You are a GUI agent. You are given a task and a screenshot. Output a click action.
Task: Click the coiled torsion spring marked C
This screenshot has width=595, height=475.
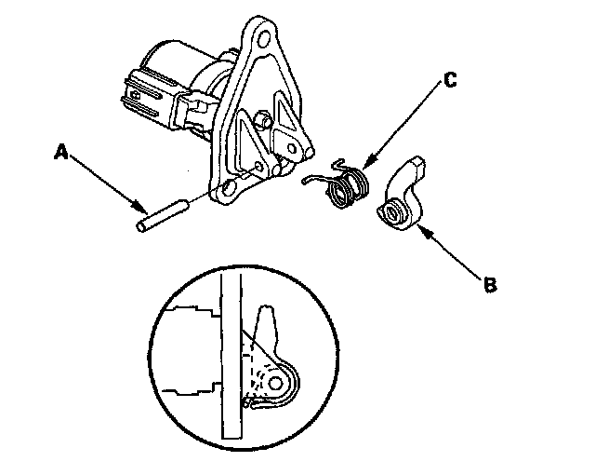pos(346,184)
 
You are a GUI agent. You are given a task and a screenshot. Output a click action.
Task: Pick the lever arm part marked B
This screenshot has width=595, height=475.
pos(405,197)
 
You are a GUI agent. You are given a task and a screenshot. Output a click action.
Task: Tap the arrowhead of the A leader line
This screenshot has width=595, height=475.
pos(141,206)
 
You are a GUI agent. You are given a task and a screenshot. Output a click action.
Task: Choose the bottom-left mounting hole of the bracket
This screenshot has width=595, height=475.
pos(221,195)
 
